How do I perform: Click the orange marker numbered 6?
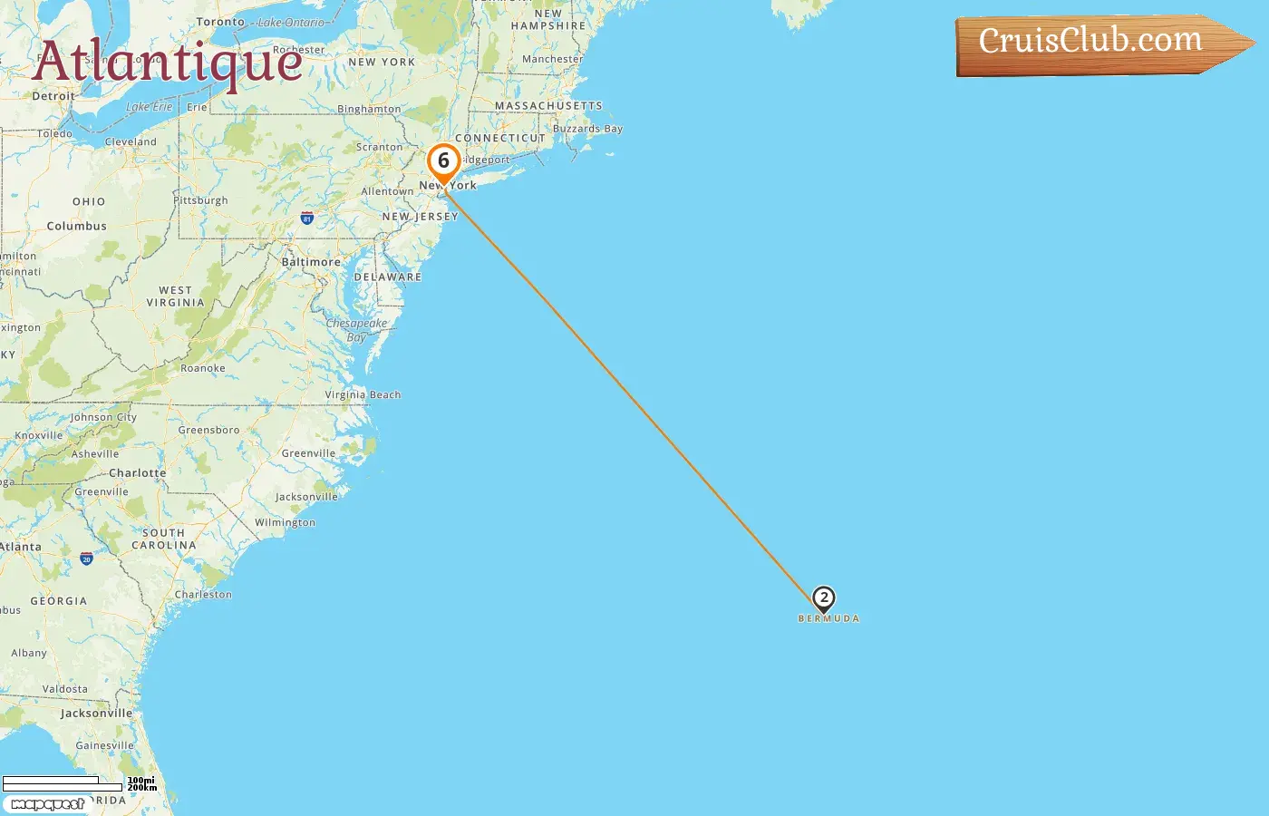tap(443, 162)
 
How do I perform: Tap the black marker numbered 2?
tap(823, 598)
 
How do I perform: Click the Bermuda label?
tap(828, 618)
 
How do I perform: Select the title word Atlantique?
tap(168, 63)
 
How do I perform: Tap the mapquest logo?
tap(48, 804)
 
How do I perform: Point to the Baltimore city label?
tap(311, 262)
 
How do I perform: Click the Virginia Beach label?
tap(363, 394)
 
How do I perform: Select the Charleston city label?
tap(203, 595)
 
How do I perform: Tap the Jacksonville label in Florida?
tap(96, 714)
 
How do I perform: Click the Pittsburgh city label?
tap(201, 200)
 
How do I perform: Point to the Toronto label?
tap(220, 22)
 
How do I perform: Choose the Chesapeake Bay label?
tap(356, 330)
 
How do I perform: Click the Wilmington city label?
tap(285, 522)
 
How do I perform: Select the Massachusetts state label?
tap(548, 106)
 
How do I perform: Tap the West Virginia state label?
tap(175, 296)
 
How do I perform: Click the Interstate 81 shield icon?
tap(307, 219)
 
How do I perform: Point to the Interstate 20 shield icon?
tap(86, 559)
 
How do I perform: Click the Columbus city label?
tap(76, 226)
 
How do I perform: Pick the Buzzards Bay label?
tap(587, 129)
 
